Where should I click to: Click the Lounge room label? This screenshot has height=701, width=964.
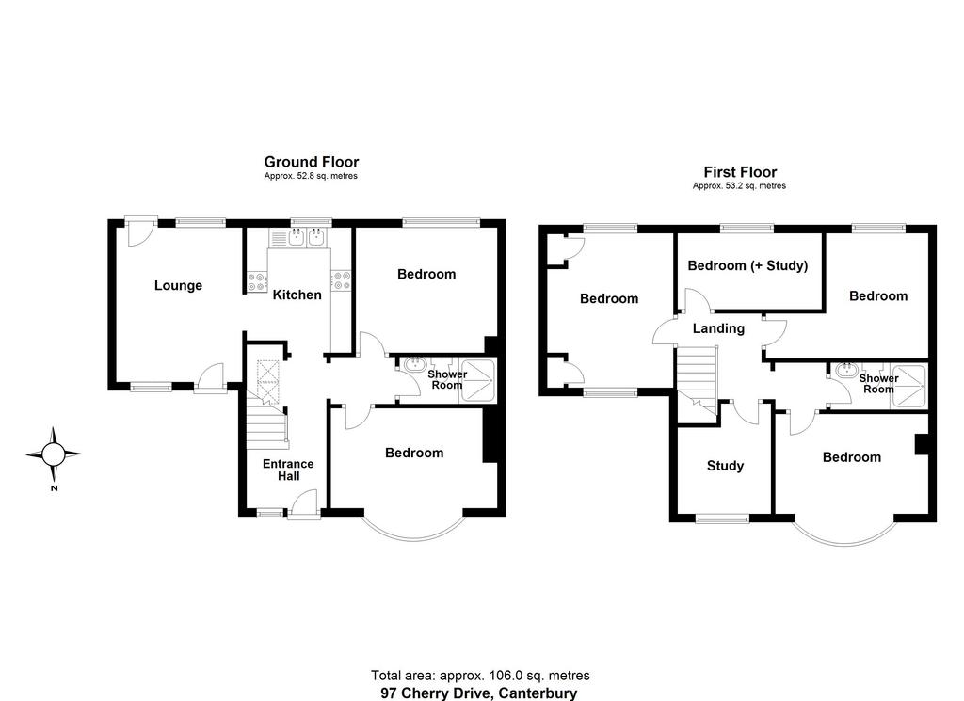point(178,286)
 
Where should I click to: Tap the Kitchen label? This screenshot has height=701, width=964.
point(297,295)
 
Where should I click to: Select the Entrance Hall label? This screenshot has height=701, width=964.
point(288,470)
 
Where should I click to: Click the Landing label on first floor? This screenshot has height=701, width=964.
point(718,328)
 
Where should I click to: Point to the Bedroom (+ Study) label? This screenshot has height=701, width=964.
point(747,265)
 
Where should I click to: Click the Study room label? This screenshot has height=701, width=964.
point(726,466)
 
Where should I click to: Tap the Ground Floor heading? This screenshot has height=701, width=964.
point(312,162)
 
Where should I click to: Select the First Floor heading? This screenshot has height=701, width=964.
point(740,172)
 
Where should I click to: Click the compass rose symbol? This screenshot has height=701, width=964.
point(54,454)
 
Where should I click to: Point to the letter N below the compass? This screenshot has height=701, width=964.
point(54,488)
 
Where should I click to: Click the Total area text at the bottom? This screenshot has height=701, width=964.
point(480,676)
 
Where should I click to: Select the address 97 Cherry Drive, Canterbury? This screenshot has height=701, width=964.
point(479,693)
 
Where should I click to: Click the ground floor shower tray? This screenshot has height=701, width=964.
point(477,381)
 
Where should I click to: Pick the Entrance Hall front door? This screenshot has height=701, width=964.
point(304,505)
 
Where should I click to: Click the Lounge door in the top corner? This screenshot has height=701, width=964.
point(141,232)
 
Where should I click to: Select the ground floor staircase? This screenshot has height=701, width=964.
point(267,406)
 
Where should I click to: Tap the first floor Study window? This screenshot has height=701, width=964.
point(722,519)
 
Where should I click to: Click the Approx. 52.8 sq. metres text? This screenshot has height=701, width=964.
point(311,176)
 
